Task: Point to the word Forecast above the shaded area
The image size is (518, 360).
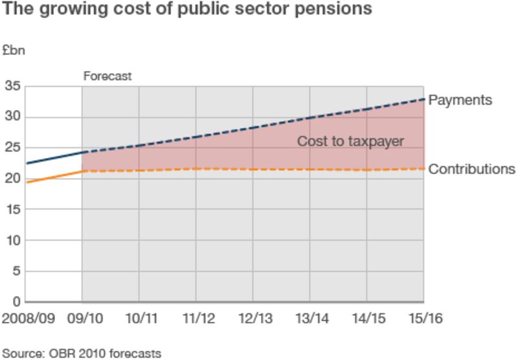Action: pos(107,76)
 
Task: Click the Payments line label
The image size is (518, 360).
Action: pos(460,100)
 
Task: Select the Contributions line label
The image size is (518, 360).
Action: pos(472,169)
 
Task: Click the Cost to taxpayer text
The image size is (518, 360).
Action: pos(350,141)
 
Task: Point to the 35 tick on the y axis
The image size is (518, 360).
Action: pos(13,86)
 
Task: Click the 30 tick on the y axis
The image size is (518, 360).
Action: pos(13,117)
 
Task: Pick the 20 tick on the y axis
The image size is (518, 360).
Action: pos(13,179)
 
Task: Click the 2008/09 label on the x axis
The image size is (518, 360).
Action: pos(28,319)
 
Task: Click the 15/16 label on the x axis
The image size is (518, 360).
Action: pos(423,319)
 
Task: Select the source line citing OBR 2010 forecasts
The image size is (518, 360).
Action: pos(81,353)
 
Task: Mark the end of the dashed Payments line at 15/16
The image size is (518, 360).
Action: pos(423,99)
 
